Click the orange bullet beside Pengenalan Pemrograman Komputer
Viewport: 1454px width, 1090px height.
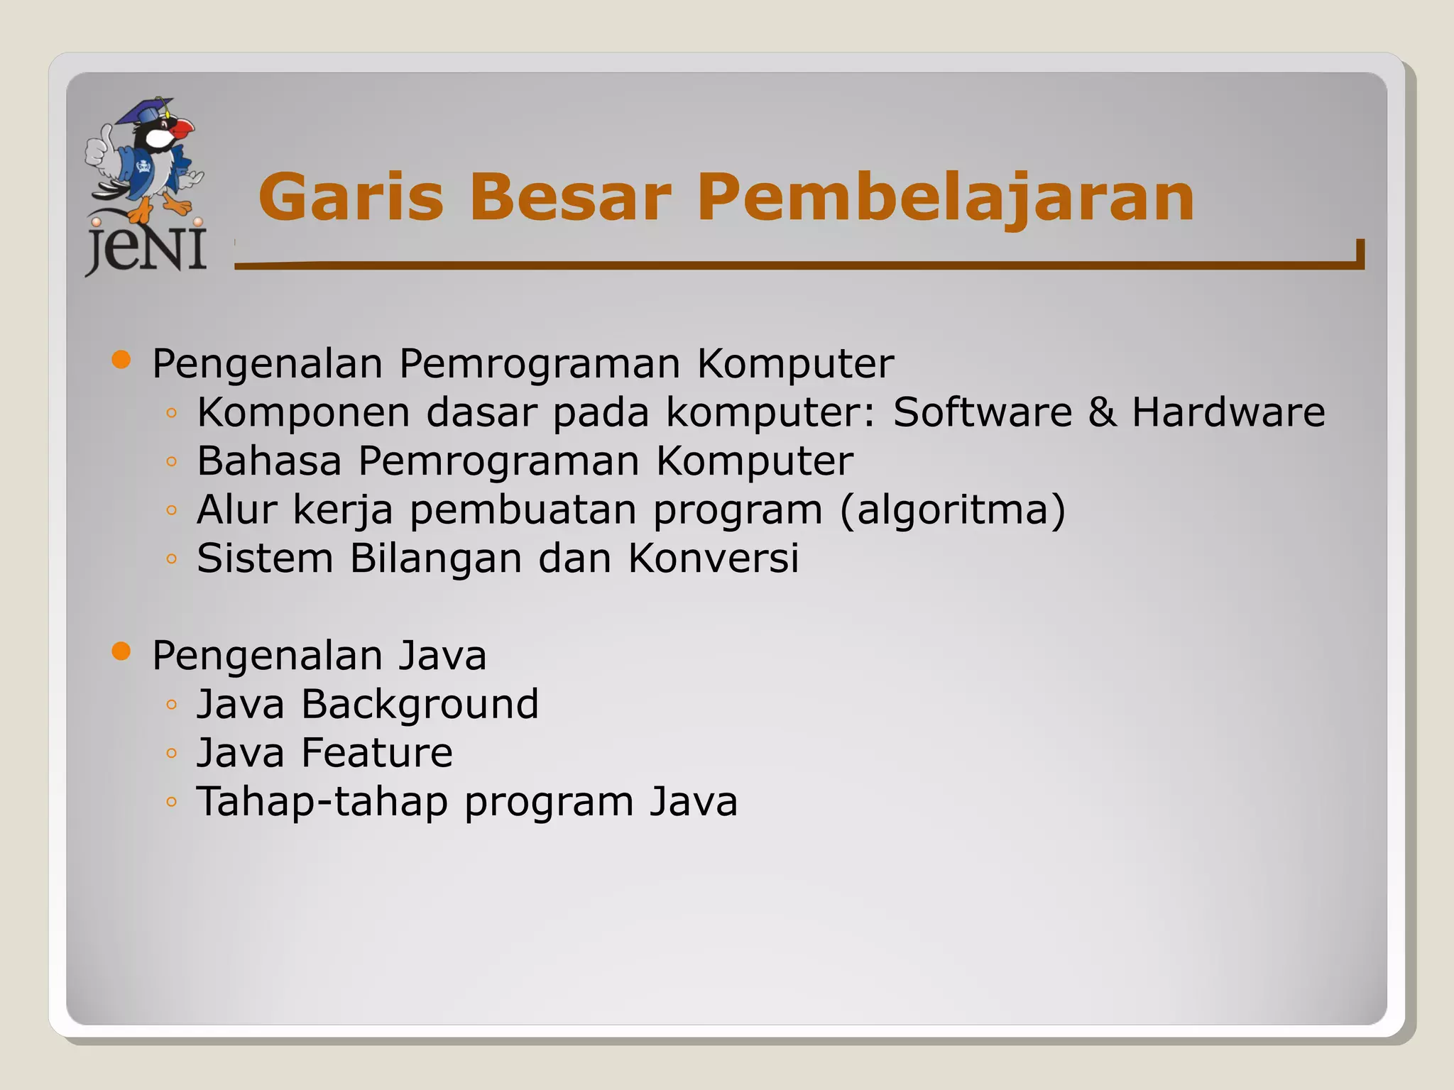point(121,360)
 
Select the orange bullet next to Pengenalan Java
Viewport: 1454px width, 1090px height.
point(121,651)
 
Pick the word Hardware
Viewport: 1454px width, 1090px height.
point(1228,412)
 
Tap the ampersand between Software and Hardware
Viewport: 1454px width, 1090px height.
point(1101,412)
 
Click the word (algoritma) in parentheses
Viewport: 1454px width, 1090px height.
point(952,510)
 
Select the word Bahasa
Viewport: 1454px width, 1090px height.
point(269,461)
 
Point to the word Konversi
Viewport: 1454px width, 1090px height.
point(713,558)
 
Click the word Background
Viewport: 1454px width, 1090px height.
point(420,705)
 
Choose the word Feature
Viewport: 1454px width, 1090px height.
point(377,753)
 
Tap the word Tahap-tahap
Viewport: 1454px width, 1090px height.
point(322,802)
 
